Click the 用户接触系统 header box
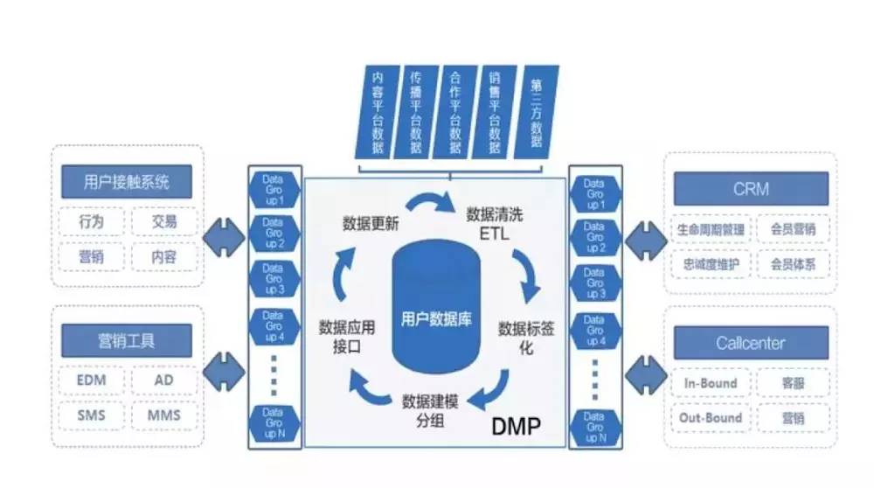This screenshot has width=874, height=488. pos(127,183)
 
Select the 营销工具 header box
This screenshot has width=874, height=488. pos(127,339)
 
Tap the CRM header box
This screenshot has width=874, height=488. pos(751,188)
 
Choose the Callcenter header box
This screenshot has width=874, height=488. pos(751,343)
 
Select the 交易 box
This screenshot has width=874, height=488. pos(164,222)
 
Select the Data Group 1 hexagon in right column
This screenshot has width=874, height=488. pos(594,193)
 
